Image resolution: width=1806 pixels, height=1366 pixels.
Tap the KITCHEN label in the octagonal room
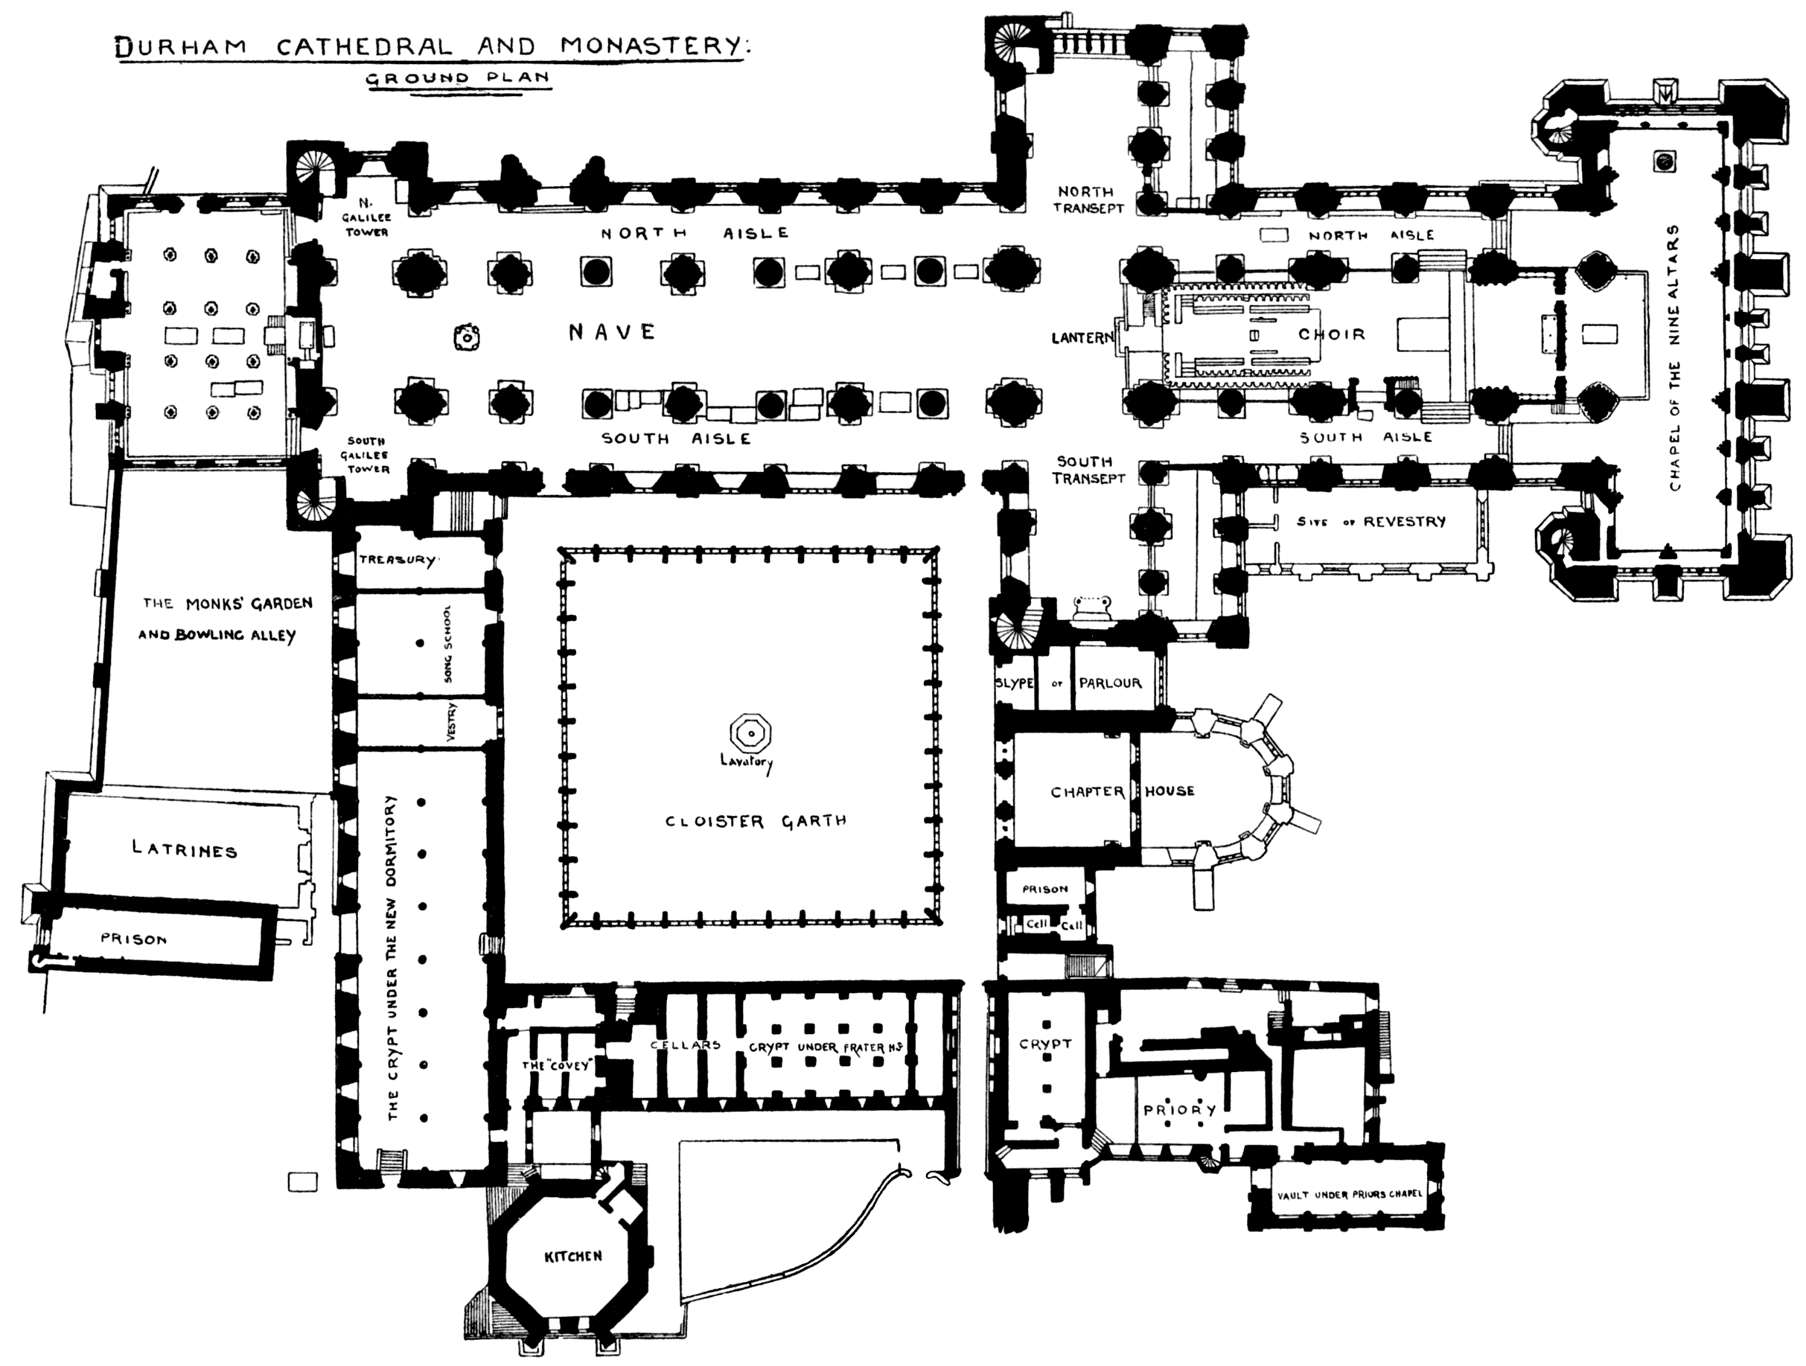tap(573, 1256)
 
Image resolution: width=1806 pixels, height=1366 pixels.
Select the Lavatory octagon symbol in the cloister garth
tap(750, 734)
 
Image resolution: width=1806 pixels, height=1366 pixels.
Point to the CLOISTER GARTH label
tap(755, 821)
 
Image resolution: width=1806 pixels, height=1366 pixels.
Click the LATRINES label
tap(185, 850)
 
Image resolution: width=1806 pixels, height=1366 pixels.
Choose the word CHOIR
tap(1331, 334)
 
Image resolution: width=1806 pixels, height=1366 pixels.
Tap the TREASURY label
tap(398, 560)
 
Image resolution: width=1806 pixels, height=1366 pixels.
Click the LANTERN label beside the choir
tap(1082, 337)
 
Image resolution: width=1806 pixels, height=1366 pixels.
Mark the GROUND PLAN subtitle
tap(456, 79)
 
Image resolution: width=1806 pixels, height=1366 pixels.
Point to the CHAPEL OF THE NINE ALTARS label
tap(1676, 357)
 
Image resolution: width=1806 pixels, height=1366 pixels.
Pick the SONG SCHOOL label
tap(447, 643)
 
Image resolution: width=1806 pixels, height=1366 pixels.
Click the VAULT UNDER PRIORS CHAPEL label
tap(1349, 1194)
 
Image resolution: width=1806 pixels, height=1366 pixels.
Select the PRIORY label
tap(1180, 1110)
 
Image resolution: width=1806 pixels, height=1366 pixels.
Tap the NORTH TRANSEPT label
tap(1088, 200)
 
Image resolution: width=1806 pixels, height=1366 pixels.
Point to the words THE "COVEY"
tap(555, 1065)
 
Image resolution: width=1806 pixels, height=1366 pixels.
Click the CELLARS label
tap(686, 1045)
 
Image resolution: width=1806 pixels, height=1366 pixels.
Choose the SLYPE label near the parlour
tap(1014, 683)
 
